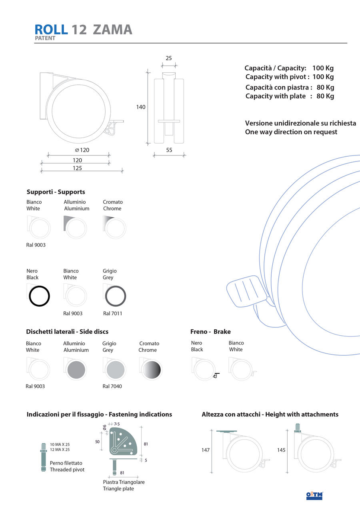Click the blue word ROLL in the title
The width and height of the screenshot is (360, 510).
click(51, 30)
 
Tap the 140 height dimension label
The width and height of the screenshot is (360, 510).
click(141, 107)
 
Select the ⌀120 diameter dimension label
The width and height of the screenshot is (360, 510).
click(82, 150)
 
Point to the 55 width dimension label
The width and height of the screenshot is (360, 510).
click(169, 150)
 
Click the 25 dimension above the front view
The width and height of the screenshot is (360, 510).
click(169, 58)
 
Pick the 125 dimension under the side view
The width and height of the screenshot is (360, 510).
click(77, 168)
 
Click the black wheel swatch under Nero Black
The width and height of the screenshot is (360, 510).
click(39, 296)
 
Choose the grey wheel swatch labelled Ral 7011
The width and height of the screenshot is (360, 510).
click(116, 296)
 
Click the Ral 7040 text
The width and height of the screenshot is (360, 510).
click(112, 386)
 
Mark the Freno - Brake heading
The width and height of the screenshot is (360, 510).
click(210, 332)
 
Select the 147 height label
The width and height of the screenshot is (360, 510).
click(206, 450)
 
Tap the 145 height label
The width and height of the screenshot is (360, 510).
click(281, 450)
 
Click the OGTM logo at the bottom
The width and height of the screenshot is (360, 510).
click(314, 496)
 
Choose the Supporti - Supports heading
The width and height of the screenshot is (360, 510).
click(56, 192)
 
